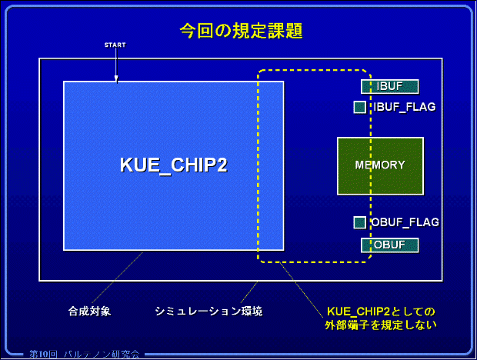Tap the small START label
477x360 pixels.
115,45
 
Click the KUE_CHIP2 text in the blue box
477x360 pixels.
173,165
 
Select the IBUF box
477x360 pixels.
389,86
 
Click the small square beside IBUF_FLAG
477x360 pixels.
359,107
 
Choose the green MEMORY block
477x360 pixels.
380,165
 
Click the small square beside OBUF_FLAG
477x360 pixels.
359,222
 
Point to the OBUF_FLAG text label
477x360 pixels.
405,222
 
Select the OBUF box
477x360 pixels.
389,245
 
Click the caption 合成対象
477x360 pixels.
90,311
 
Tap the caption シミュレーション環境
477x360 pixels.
208,311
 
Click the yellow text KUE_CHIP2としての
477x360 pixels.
381,311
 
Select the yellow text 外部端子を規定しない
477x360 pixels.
381,325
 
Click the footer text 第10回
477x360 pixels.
44,353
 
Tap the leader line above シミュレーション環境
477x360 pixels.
249,292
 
